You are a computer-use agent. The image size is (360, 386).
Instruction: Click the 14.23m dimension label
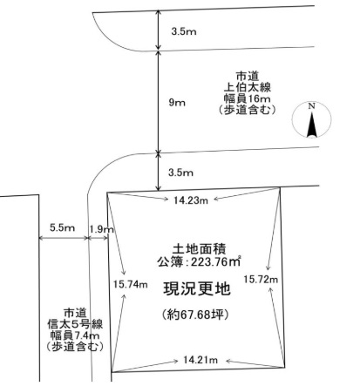(191, 200)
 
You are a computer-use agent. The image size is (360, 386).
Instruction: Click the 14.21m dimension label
(200, 360)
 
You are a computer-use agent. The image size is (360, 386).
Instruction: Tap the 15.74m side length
(130, 284)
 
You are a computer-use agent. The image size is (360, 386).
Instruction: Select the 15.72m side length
(261, 280)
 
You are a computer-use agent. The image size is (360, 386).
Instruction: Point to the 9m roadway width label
(177, 103)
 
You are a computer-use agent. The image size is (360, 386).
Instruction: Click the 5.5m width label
(62, 227)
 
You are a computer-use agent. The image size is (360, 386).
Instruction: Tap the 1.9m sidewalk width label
(101, 229)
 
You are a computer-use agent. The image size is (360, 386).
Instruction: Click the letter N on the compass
(311, 106)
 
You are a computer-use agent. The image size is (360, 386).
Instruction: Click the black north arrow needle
(312, 125)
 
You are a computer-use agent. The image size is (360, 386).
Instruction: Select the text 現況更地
(197, 289)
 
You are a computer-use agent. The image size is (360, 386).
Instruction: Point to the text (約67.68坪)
(194, 315)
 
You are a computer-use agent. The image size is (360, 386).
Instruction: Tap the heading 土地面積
(199, 249)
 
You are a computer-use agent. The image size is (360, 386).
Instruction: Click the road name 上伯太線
(247, 88)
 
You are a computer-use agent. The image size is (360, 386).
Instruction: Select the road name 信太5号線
(75, 324)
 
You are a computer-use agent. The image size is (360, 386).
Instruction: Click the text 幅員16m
(247, 98)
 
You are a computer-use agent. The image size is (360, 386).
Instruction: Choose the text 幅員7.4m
(75, 335)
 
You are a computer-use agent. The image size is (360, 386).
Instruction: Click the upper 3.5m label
(184, 31)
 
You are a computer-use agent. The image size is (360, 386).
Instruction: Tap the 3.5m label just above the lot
(180, 173)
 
